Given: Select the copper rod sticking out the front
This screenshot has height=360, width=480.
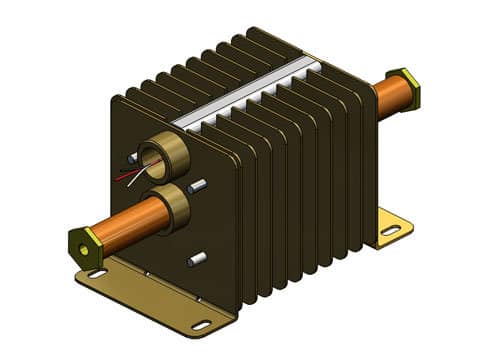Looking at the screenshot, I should (x=125, y=223).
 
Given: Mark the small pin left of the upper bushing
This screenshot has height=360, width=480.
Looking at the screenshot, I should (x=133, y=158).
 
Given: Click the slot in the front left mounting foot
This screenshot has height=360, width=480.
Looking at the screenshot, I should (x=97, y=273).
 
